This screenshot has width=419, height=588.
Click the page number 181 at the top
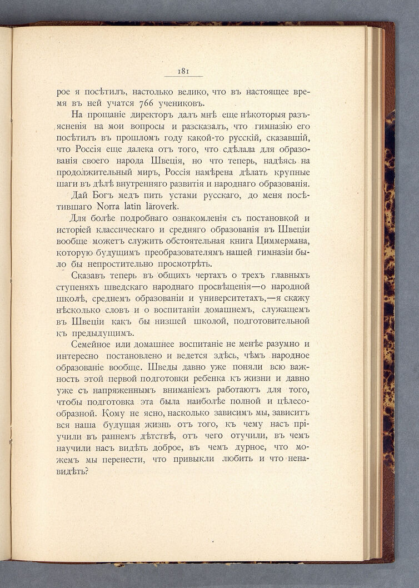[x=183, y=71]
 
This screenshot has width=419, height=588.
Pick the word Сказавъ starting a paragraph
[x=91, y=276]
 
